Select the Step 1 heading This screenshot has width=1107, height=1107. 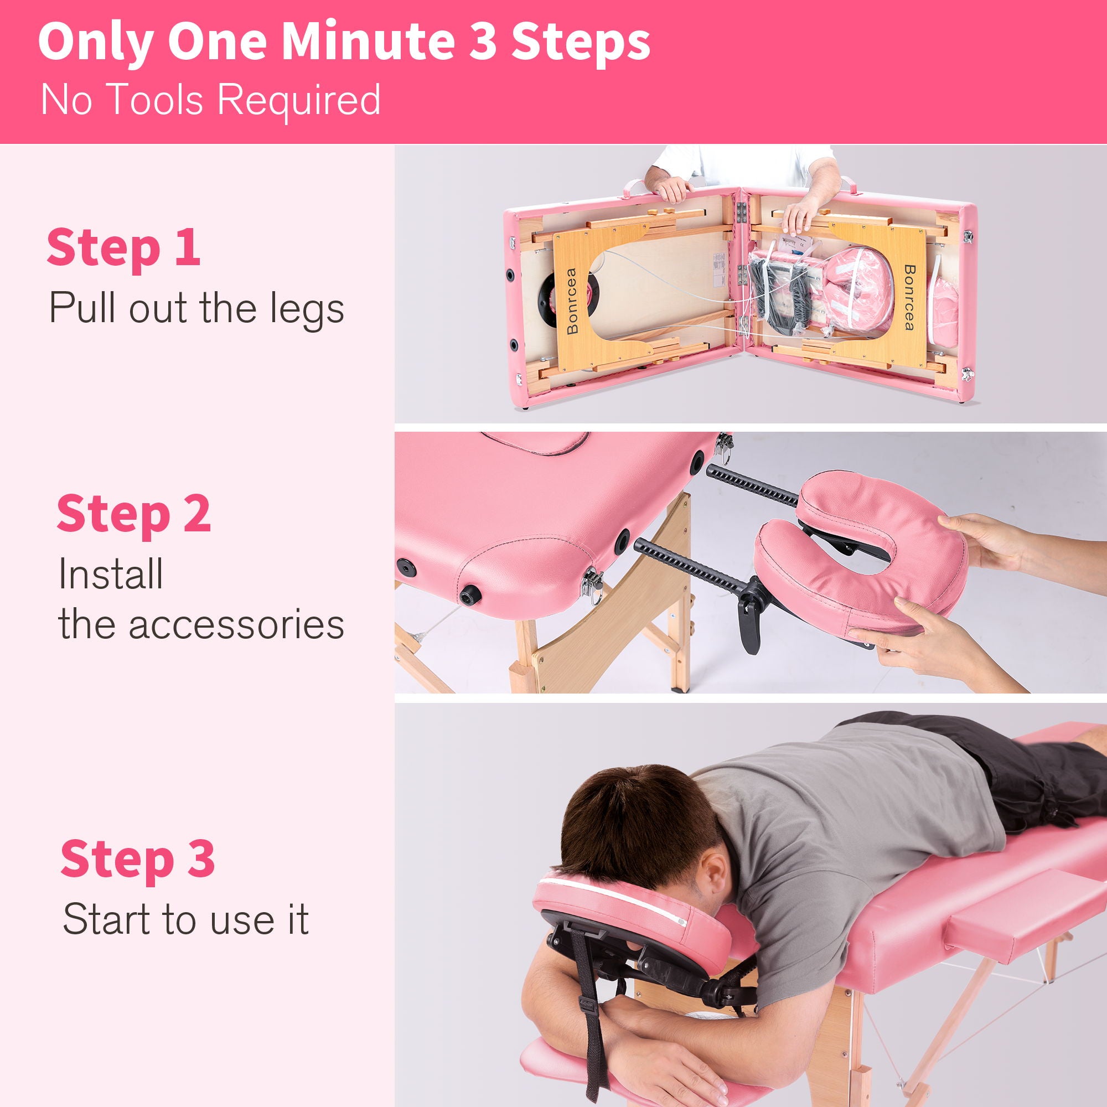pyautogui.click(x=123, y=247)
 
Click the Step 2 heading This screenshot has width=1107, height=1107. pyautogui.click(x=133, y=514)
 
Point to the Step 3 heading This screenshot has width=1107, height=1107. pyautogui.click(x=137, y=858)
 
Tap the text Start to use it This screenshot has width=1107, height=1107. pyautogui.click(x=185, y=919)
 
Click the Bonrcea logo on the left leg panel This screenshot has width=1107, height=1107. pyautogui.click(x=571, y=301)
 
